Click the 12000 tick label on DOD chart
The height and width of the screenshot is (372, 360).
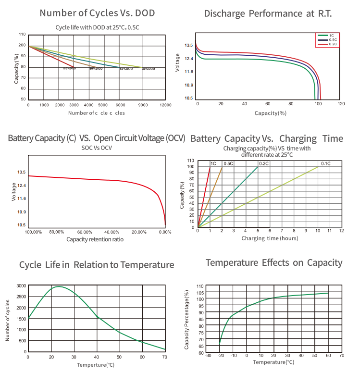tap(165, 105)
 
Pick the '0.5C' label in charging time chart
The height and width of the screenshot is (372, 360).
tap(228, 164)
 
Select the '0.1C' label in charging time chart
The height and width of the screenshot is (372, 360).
tap(325, 164)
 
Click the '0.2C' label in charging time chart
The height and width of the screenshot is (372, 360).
tap(264, 164)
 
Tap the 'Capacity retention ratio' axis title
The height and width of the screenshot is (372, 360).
tap(95, 239)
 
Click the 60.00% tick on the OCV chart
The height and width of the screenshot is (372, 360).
tap(85, 232)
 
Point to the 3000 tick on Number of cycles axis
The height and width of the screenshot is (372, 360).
tap(21, 285)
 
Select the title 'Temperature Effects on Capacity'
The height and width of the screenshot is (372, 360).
tap(274, 262)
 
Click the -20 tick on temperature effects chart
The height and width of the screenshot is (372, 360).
tap(220, 356)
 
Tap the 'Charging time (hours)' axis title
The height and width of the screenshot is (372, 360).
tap(270, 238)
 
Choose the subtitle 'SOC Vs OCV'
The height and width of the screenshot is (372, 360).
tap(96, 148)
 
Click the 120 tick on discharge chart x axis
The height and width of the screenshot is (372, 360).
tap(341, 104)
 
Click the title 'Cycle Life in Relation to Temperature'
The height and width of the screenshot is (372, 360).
tap(97, 265)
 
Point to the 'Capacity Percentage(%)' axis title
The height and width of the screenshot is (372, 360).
tap(187, 319)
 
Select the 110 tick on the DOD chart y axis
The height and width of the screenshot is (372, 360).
tap(22, 35)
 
